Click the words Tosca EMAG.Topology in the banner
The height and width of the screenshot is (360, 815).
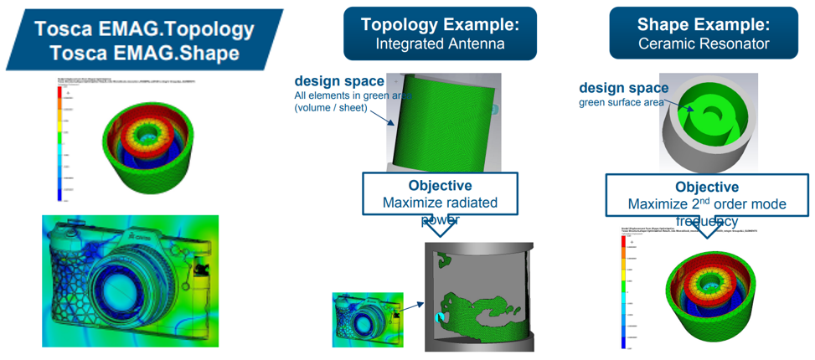coord(144,28)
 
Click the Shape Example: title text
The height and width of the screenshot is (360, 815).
coord(703,24)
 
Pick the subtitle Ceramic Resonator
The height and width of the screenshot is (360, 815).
coord(703,43)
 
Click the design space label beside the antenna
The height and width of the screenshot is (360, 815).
coord(339,81)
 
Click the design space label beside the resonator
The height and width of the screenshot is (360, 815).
coord(624,88)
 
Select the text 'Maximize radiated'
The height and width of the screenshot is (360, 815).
coord(440,203)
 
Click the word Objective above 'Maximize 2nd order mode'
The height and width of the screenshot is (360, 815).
coord(707,187)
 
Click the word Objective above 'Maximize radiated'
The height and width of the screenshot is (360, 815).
coord(440,185)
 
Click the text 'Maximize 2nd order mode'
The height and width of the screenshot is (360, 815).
coord(707,204)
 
